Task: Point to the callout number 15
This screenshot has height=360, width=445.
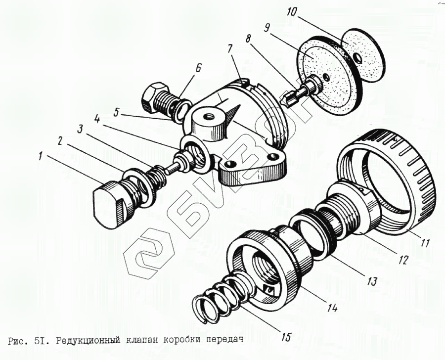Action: tap(285, 338)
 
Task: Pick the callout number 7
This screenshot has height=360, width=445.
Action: tap(230, 49)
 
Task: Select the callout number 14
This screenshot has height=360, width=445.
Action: tap(332, 307)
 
